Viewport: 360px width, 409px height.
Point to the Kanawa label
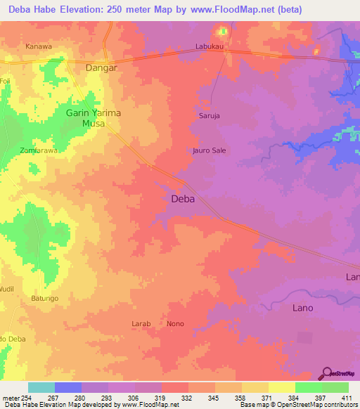click(39, 47)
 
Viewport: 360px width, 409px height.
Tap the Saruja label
click(211, 117)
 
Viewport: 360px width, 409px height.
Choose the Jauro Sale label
click(209, 150)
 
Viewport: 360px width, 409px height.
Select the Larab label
click(141, 323)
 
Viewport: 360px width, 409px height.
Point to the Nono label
click(175, 323)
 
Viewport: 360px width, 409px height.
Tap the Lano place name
click(302, 308)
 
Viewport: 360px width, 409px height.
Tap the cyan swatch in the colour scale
click(41, 387)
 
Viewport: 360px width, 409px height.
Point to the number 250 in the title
click(125, 9)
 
